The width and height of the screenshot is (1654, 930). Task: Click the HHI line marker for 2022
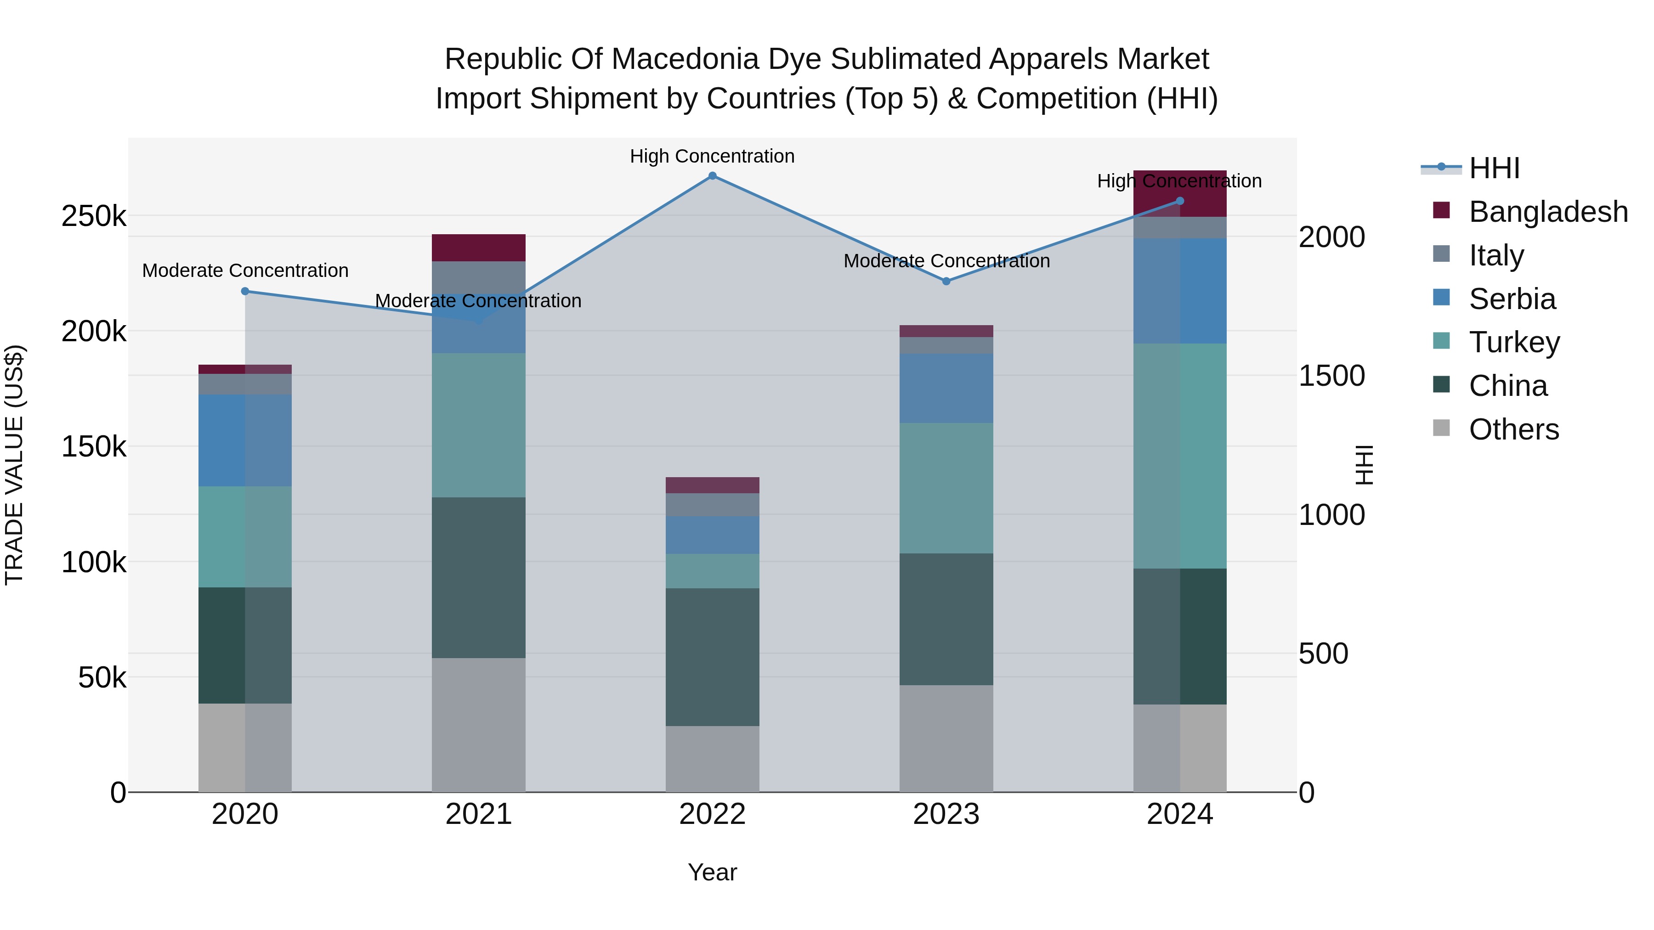click(712, 176)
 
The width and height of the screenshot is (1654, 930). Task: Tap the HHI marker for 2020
click(244, 291)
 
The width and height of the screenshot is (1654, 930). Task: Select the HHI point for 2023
click(946, 281)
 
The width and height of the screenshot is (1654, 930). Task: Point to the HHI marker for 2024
click(1179, 201)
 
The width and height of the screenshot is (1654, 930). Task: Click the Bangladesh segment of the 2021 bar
click(478, 248)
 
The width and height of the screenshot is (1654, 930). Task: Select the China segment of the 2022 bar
click(712, 657)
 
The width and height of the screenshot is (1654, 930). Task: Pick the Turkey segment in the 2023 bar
click(946, 488)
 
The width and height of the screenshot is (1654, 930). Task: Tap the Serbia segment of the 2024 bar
click(1179, 291)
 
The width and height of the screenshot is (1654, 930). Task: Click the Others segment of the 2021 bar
click(478, 725)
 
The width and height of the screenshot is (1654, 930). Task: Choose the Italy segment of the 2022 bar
click(712, 504)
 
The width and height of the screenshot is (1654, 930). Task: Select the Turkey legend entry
click(1496, 342)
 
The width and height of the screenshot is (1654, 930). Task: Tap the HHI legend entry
click(1470, 168)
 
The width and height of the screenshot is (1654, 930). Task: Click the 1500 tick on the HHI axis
click(1331, 376)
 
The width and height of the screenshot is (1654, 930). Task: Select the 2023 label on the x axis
click(946, 814)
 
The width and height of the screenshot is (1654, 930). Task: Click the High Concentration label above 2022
click(712, 156)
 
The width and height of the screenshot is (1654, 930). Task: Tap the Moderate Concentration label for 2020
click(245, 270)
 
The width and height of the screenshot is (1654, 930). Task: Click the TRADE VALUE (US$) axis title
click(14, 465)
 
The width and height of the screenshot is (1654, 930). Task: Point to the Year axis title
click(712, 872)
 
